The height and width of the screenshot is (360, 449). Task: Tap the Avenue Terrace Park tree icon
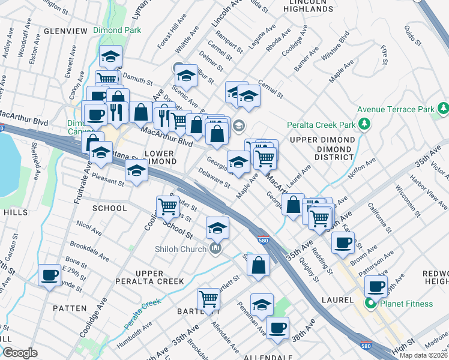click(444, 109)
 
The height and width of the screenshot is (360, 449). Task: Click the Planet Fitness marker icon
click(371, 304)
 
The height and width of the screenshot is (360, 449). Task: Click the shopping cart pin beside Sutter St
click(168, 206)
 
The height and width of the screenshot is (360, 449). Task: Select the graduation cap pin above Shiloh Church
click(217, 227)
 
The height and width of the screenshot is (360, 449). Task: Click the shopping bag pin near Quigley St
click(258, 266)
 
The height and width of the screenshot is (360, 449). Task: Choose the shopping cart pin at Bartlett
click(208, 299)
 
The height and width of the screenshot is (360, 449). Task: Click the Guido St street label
click(410, 37)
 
